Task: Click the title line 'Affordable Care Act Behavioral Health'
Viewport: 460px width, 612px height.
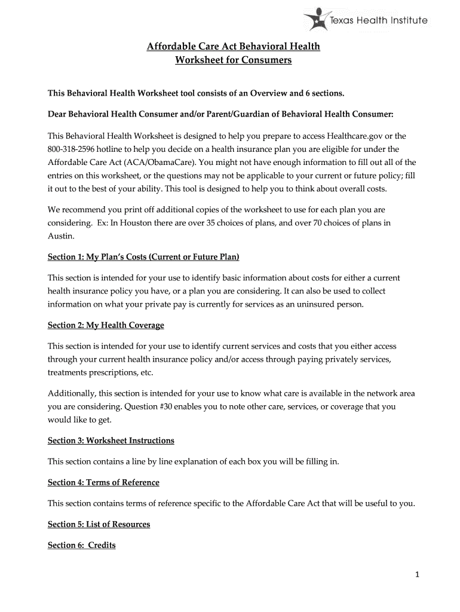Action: pyautogui.click(x=234, y=46)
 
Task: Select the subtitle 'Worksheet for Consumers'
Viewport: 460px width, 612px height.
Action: pyautogui.click(x=234, y=60)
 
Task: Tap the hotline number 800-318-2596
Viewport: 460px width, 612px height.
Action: pyautogui.click(x=75, y=149)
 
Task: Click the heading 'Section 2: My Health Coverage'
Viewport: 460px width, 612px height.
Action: pyautogui.click(x=106, y=325)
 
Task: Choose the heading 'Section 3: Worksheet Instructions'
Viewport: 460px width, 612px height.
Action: pyautogui.click(x=111, y=440)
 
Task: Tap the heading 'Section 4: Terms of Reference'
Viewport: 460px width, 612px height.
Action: pyautogui.click(x=103, y=482)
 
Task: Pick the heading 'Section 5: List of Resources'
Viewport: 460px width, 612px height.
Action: pyautogui.click(x=99, y=524)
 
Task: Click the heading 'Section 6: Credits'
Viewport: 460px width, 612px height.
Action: pyautogui.click(x=82, y=545)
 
